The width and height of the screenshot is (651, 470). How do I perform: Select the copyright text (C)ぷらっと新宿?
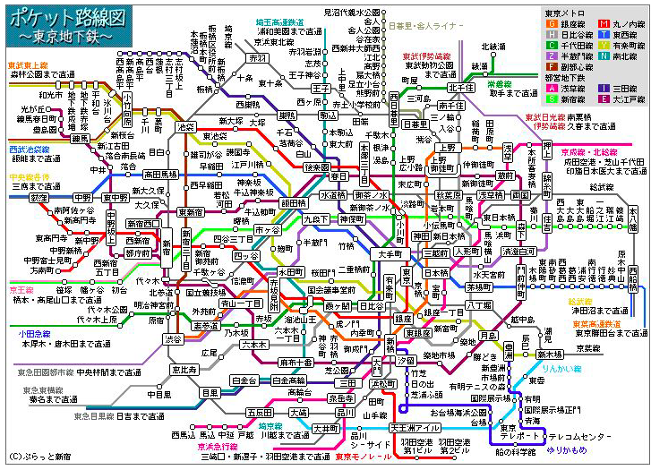tap(39, 457)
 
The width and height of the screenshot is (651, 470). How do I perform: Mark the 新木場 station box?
tap(549, 355)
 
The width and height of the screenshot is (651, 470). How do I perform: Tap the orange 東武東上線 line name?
tap(28, 65)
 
